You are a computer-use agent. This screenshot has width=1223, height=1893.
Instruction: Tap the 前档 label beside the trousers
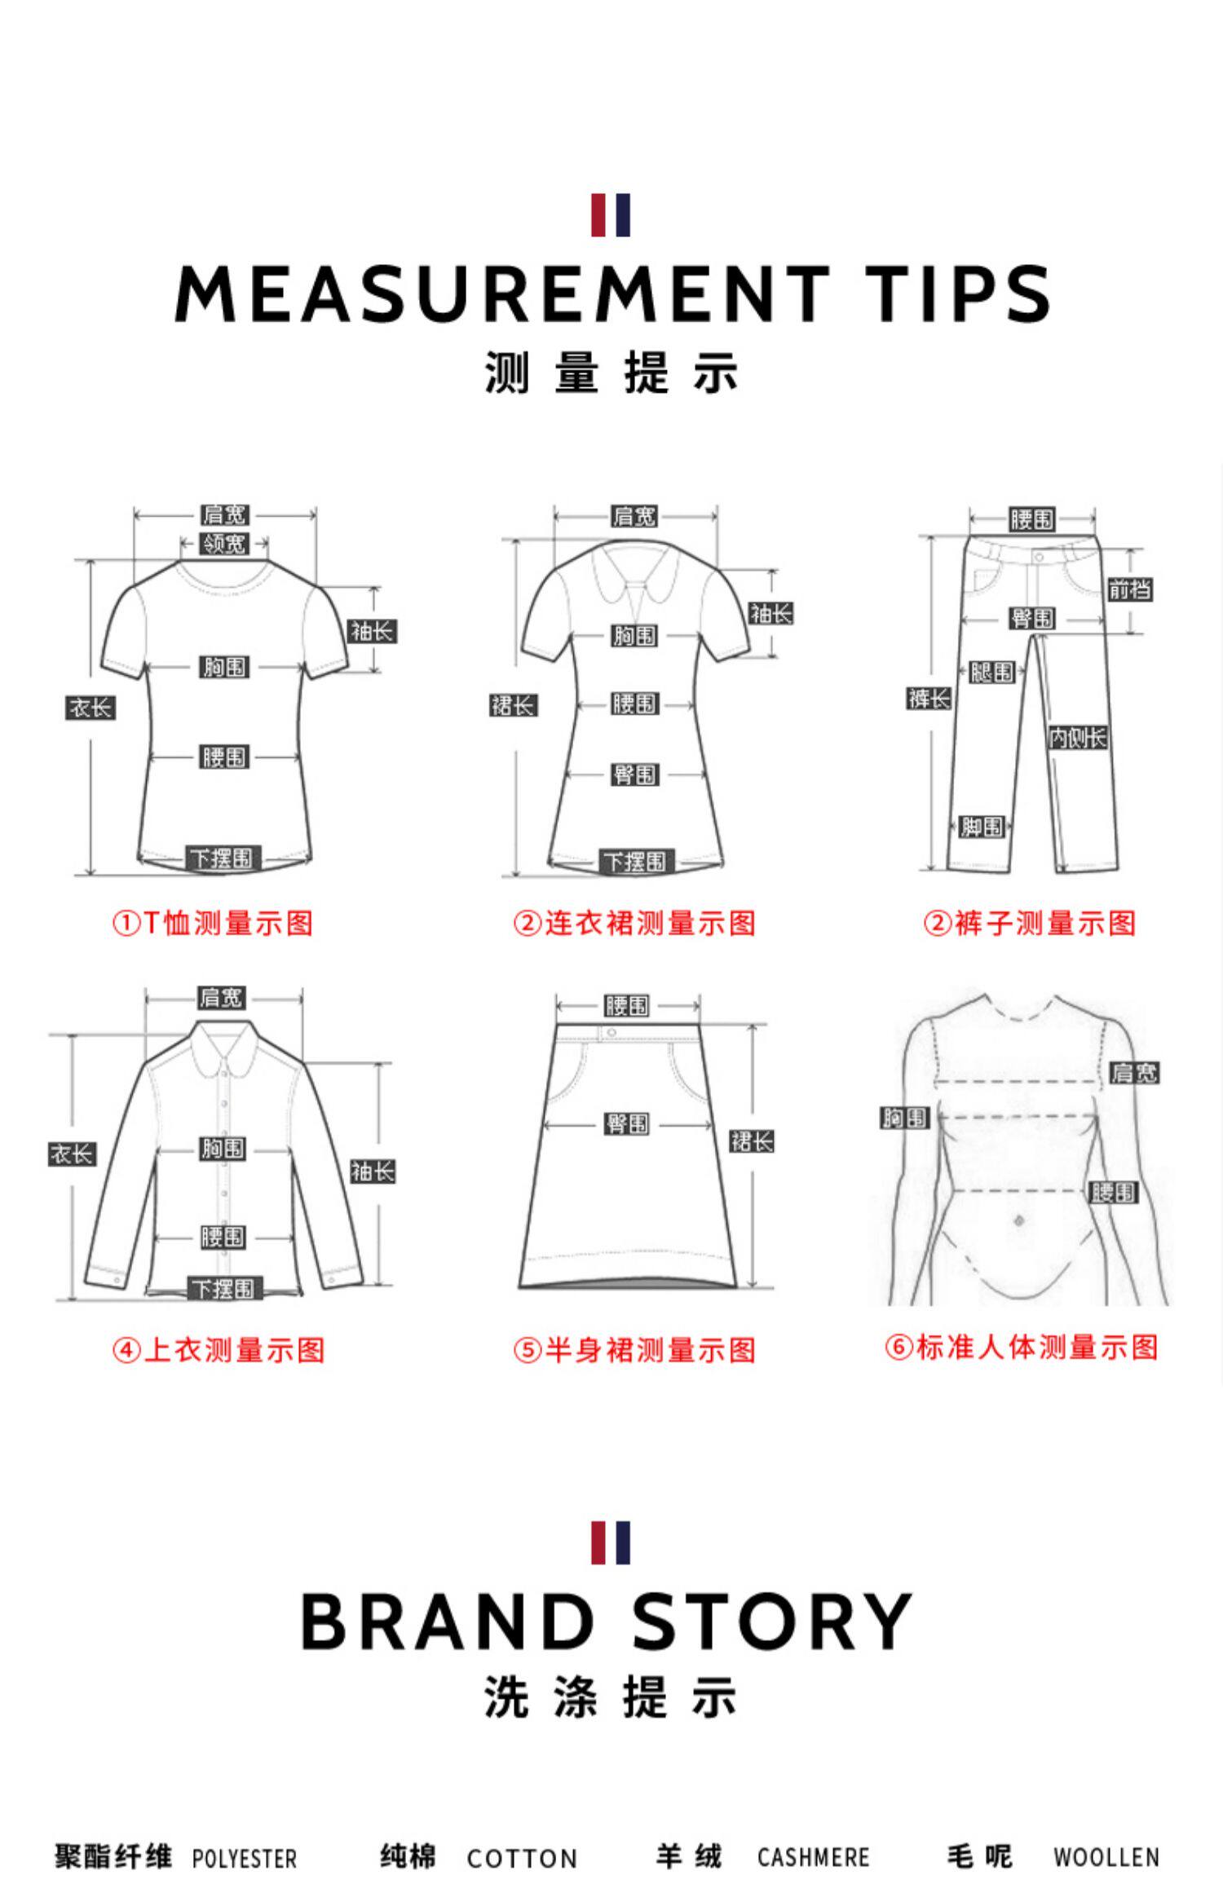tap(1129, 589)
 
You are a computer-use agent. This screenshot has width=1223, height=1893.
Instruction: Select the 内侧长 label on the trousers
tap(1077, 738)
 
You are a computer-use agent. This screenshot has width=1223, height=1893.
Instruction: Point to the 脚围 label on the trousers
tap(982, 826)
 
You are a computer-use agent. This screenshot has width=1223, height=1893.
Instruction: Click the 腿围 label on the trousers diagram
tap(992, 672)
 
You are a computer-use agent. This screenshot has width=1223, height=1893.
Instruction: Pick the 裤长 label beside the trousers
tap(929, 698)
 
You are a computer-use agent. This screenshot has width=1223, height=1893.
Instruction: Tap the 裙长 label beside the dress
tap(513, 705)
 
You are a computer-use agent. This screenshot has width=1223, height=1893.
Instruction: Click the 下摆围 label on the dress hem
tap(634, 861)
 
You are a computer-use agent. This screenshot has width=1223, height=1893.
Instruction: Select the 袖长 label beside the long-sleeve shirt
tap(373, 1172)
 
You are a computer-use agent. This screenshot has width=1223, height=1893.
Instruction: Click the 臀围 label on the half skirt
tap(626, 1123)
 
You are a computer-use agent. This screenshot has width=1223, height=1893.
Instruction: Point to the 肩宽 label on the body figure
tap(1134, 1073)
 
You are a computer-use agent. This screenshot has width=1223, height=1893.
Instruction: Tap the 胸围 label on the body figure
tap(905, 1118)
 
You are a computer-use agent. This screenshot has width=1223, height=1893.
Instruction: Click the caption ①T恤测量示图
tap(213, 924)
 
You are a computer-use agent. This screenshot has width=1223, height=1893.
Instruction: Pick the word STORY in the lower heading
tap(771, 1622)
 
